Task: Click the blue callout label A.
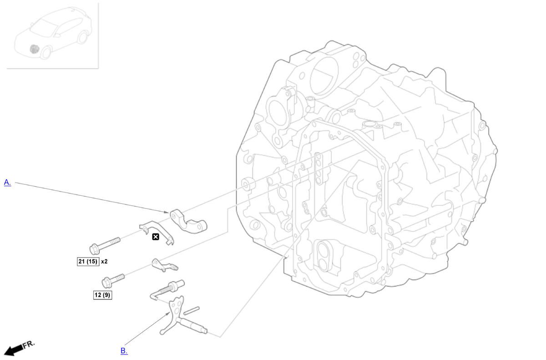click(x=7, y=183)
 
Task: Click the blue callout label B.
click(x=124, y=351)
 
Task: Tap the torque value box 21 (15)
click(x=88, y=262)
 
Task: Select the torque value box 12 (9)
click(x=103, y=295)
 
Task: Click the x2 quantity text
click(x=104, y=262)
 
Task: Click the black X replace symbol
click(x=156, y=237)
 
